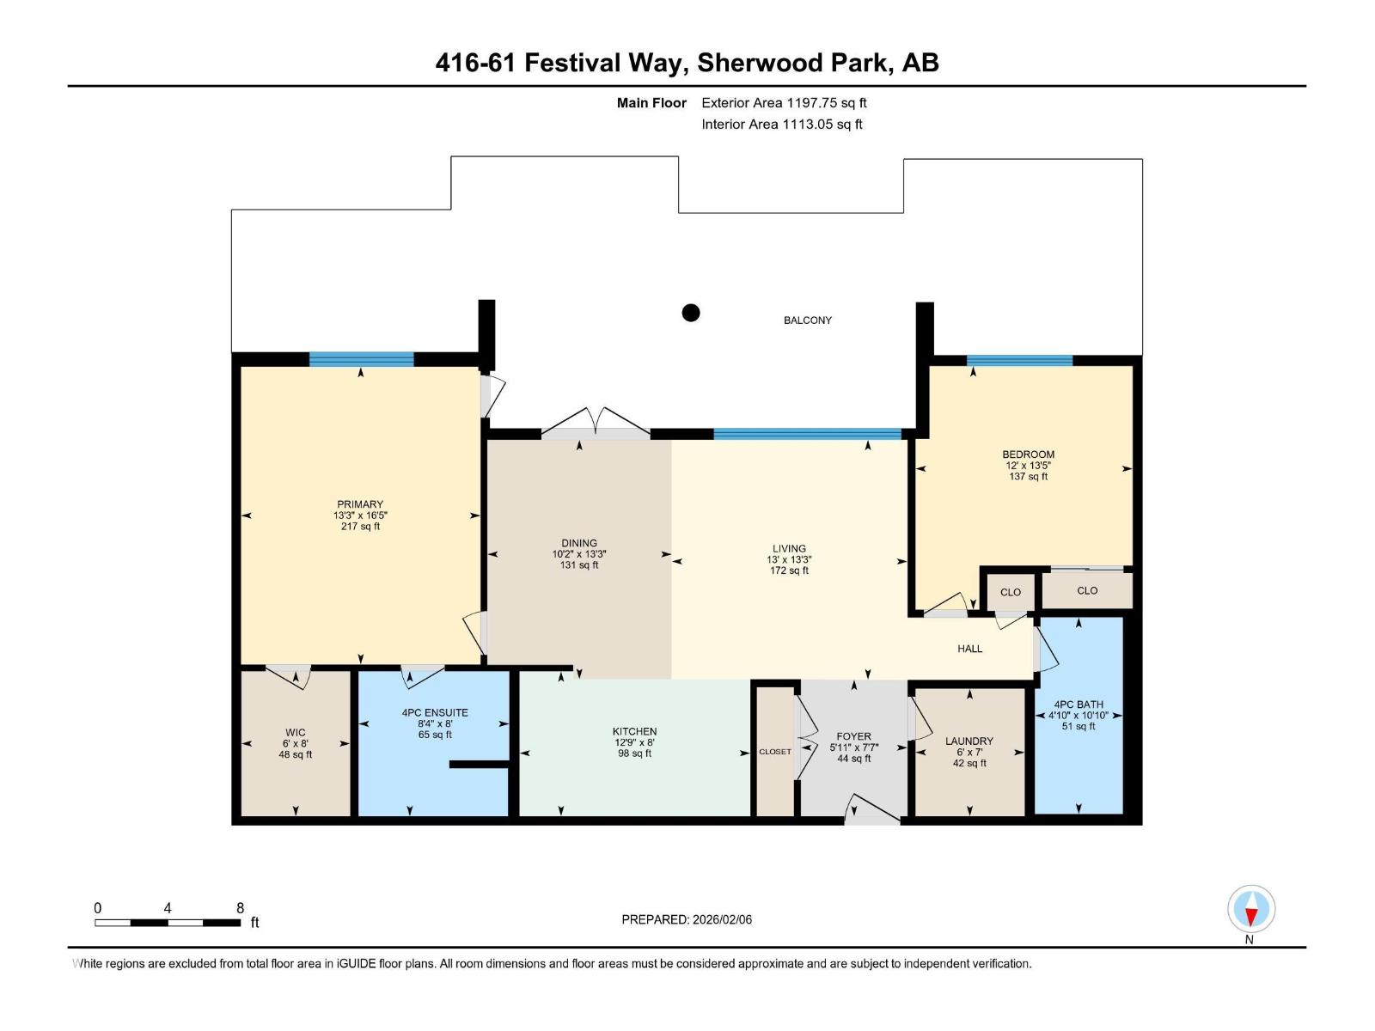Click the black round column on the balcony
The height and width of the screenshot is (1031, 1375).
690,313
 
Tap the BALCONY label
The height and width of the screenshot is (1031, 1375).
808,320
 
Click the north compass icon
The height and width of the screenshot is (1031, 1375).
1250,908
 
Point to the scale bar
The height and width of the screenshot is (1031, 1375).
168,923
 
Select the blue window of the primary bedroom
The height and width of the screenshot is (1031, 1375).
362,359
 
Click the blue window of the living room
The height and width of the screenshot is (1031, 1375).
808,434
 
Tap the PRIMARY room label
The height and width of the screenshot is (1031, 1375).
359,504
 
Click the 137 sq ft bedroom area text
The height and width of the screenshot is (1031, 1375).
1028,476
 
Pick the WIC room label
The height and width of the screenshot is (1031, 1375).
295,732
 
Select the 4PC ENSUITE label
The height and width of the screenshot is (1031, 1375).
435,712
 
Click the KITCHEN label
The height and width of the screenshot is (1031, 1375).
634,731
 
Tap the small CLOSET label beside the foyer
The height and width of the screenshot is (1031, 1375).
775,751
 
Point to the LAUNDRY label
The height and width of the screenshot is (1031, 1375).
969,741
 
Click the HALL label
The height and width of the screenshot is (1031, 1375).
969,649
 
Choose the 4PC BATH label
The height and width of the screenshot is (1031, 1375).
1078,705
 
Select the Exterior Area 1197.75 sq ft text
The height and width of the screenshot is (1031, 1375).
784,102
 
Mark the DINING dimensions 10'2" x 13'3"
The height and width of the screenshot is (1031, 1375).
579,554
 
